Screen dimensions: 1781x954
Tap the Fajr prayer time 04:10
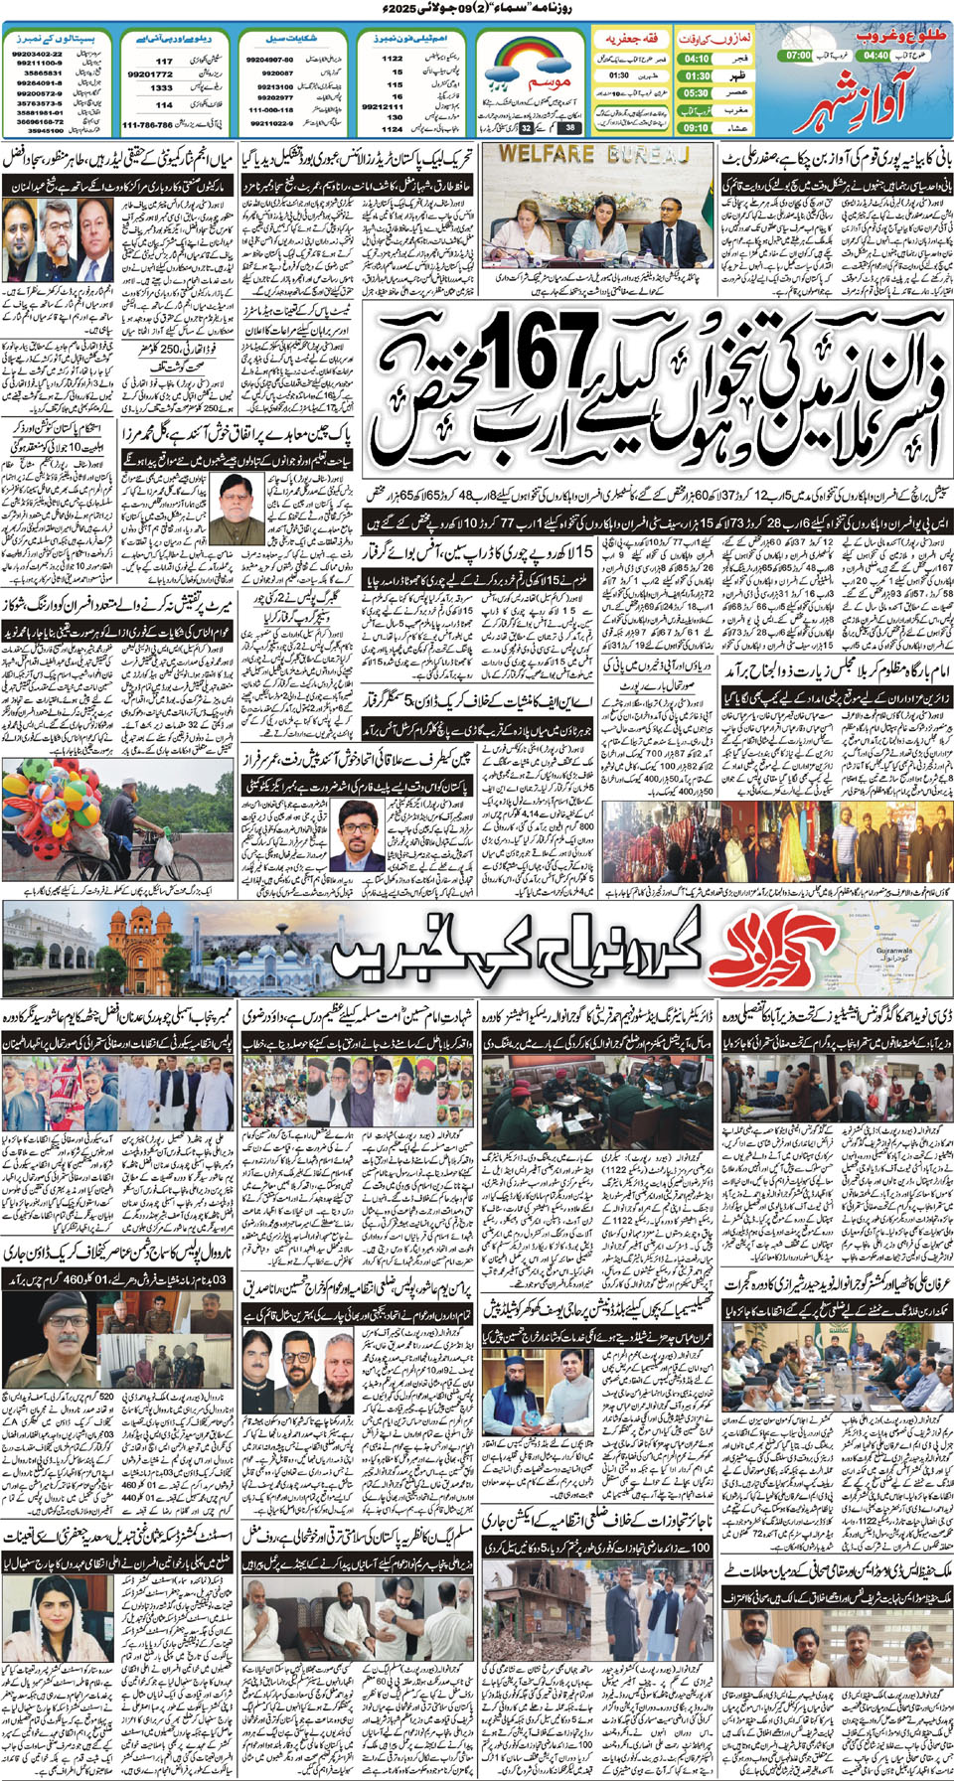point(697,59)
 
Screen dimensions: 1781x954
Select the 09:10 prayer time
point(697,128)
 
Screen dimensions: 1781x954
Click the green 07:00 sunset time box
point(799,56)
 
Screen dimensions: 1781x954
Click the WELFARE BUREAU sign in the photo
point(593,155)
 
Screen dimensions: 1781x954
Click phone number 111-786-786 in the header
point(147,126)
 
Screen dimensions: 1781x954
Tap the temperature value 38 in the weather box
point(569,127)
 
